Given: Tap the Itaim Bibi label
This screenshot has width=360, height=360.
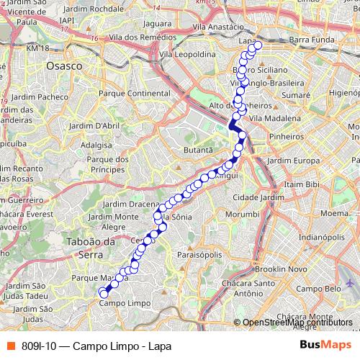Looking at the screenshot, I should pos(302,185).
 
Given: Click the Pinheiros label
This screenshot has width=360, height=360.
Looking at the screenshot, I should pos(287,135).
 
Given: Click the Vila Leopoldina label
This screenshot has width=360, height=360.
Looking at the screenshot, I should pos(188,54).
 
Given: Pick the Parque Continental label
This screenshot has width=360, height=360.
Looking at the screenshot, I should pos(133,93).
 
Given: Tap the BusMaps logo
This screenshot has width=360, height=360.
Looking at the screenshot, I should pos(325,345).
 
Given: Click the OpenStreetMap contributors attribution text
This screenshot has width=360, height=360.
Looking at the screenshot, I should pos(298,322).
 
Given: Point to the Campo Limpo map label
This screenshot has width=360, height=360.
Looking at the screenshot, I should pos(119,303).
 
